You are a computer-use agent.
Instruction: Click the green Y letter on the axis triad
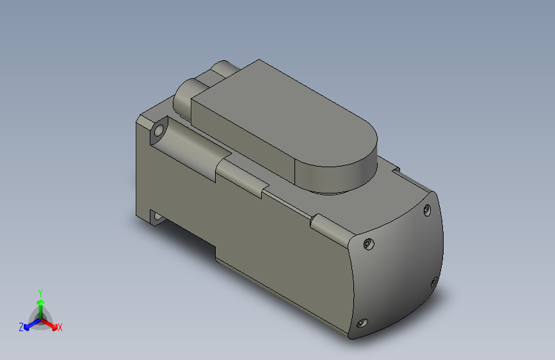(x=40, y=292)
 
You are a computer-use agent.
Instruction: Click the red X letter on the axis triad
(x=60, y=328)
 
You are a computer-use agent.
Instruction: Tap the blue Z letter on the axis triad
(x=21, y=327)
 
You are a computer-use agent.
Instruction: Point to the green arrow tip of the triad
(x=40, y=302)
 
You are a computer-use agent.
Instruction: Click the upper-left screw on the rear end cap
(x=367, y=244)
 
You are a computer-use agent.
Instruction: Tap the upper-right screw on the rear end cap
(x=427, y=210)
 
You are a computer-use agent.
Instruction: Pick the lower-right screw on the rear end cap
(x=434, y=281)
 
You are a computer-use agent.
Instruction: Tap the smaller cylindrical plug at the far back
(x=222, y=67)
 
